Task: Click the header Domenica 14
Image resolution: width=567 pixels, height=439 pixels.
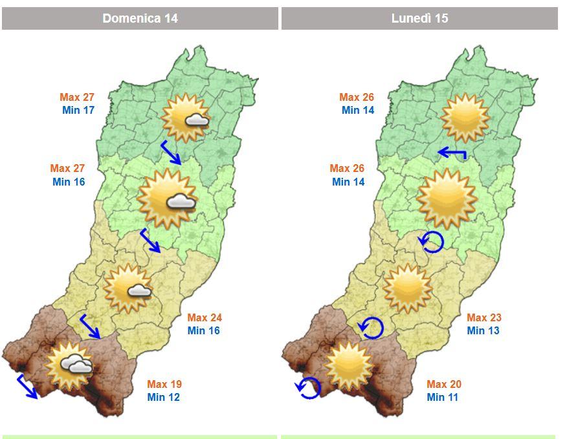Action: (140, 18)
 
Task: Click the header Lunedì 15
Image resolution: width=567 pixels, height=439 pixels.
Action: (419, 18)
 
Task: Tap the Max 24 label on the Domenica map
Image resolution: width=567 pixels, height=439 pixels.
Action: (205, 317)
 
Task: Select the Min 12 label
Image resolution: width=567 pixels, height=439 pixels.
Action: (163, 397)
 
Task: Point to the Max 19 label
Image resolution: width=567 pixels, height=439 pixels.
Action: (164, 384)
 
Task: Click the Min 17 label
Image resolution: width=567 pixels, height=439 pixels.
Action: (78, 110)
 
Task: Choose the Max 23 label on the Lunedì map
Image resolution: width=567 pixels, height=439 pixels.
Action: (484, 317)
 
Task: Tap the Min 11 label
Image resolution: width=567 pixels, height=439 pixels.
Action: (443, 397)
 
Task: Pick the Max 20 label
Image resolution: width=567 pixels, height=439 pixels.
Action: (443, 384)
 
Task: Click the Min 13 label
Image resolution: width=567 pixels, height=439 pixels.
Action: (484, 330)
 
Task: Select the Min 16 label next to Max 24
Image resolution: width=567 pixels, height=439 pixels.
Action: (204, 330)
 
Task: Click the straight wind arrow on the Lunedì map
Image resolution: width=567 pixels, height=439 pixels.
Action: (452, 153)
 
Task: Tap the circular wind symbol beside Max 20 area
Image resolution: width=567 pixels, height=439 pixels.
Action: (308, 388)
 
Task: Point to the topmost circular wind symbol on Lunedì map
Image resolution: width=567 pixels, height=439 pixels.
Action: (431, 242)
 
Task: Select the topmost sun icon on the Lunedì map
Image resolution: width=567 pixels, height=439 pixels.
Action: (465, 118)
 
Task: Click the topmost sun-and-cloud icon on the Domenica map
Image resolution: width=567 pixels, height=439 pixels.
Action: (186, 118)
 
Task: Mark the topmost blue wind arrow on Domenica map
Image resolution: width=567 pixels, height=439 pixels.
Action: (171, 153)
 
